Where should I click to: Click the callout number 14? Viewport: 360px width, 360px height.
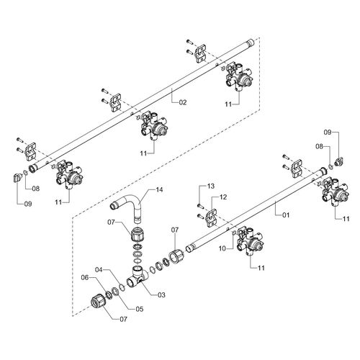[159, 190]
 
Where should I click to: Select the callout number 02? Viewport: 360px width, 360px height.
[183, 102]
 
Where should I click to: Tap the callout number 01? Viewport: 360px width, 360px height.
[286, 215]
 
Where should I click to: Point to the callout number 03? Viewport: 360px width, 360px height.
[162, 294]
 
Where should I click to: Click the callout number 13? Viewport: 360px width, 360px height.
[211, 186]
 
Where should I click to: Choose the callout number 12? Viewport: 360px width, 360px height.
[223, 197]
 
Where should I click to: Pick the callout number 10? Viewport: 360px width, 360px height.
[222, 248]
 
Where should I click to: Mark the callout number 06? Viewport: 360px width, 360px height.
[85, 278]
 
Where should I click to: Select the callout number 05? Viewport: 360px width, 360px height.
[140, 309]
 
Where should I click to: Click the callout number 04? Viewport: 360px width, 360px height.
[99, 270]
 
